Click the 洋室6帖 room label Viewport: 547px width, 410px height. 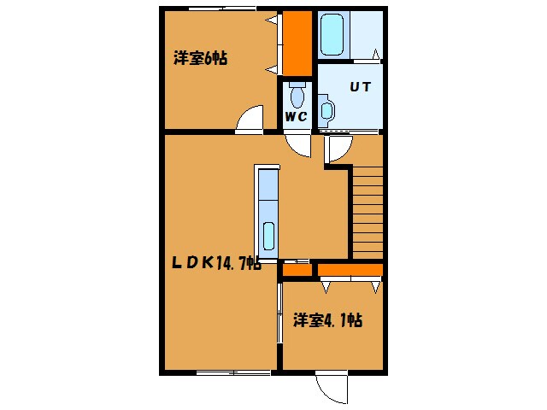201,58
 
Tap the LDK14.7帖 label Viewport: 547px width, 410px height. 216,262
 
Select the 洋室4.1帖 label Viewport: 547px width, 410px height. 327,320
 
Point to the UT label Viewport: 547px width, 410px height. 361,86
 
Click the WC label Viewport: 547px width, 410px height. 297,116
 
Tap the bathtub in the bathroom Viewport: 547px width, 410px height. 332,34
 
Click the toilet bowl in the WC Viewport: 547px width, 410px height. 297,95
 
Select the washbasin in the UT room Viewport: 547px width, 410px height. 326,110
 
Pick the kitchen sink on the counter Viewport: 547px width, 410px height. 268,236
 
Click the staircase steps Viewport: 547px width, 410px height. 368,213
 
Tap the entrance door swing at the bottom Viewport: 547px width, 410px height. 332,388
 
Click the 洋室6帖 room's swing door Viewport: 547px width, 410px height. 250,119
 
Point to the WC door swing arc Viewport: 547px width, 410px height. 298,145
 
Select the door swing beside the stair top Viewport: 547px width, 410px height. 338,149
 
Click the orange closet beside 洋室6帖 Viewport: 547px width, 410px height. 297,44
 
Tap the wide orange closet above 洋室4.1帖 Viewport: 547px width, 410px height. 350,270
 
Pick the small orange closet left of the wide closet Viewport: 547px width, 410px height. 297,270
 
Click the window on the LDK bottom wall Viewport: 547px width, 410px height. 233,372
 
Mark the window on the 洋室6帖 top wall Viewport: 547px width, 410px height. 222,9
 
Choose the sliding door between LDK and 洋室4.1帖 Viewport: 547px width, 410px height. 279,313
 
